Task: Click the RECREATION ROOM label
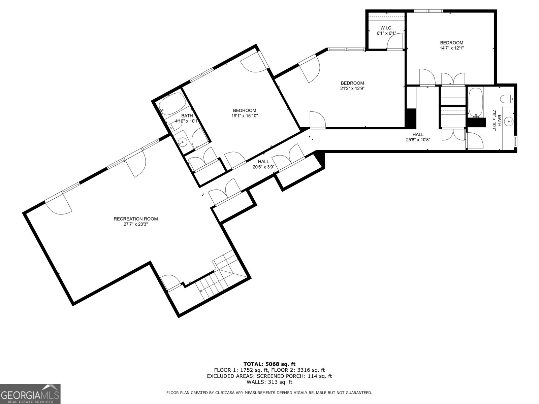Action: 135,219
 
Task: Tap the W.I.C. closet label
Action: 386,28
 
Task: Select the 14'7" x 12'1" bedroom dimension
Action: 451,48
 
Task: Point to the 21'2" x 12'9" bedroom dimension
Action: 352,89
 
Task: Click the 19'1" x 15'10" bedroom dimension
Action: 245,116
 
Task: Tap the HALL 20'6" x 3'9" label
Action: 263,164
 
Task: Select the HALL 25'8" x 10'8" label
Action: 418,137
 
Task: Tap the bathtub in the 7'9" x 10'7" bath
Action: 475,102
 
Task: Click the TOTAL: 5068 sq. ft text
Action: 269,364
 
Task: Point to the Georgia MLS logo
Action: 30,394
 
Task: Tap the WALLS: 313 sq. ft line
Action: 269,382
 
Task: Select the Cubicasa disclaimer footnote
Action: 269,393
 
